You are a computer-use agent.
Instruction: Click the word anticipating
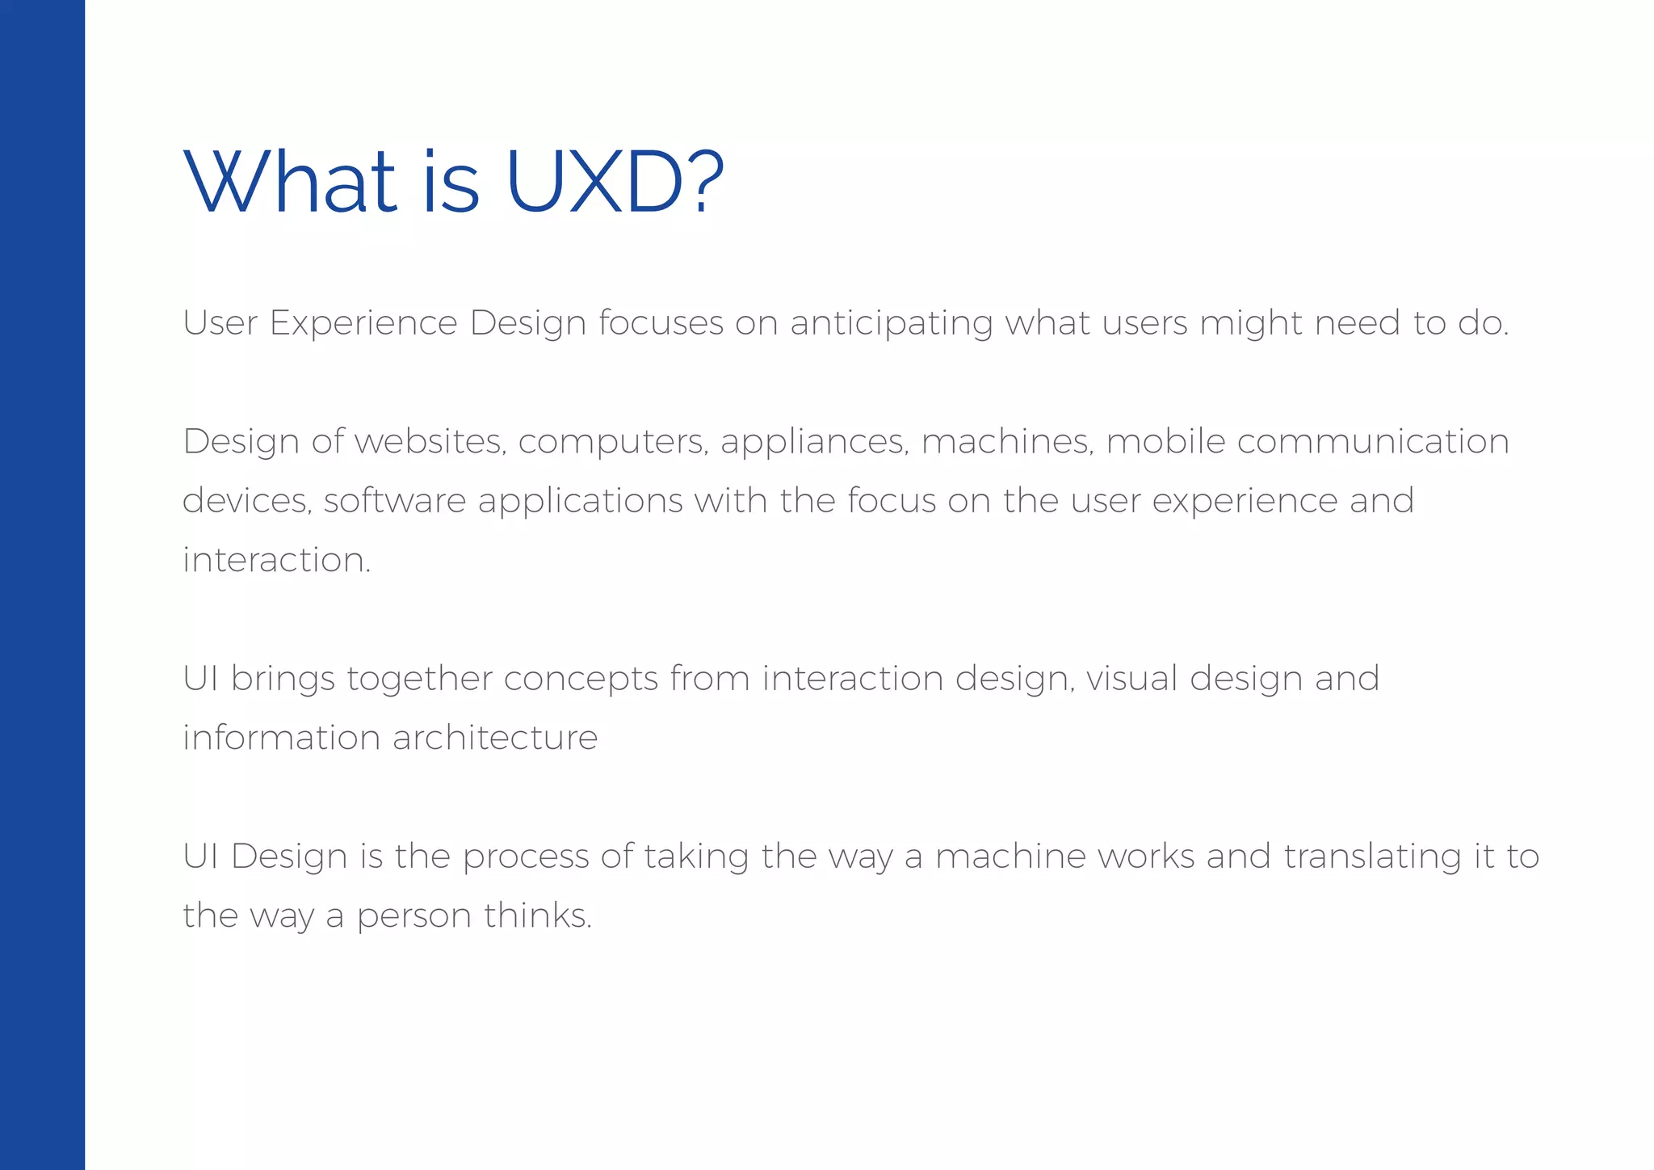tap(891, 324)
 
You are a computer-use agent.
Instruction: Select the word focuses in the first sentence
tap(661, 323)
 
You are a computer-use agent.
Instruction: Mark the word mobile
tap(1165, 441)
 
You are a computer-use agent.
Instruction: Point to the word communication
tap(1373, 441)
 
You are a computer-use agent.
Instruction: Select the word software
tap(395, 501)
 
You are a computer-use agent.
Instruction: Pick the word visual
tap(1131, 679)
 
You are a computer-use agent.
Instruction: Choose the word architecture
tap(495, 738)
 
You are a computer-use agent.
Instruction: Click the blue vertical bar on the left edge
tap(42, 585)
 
